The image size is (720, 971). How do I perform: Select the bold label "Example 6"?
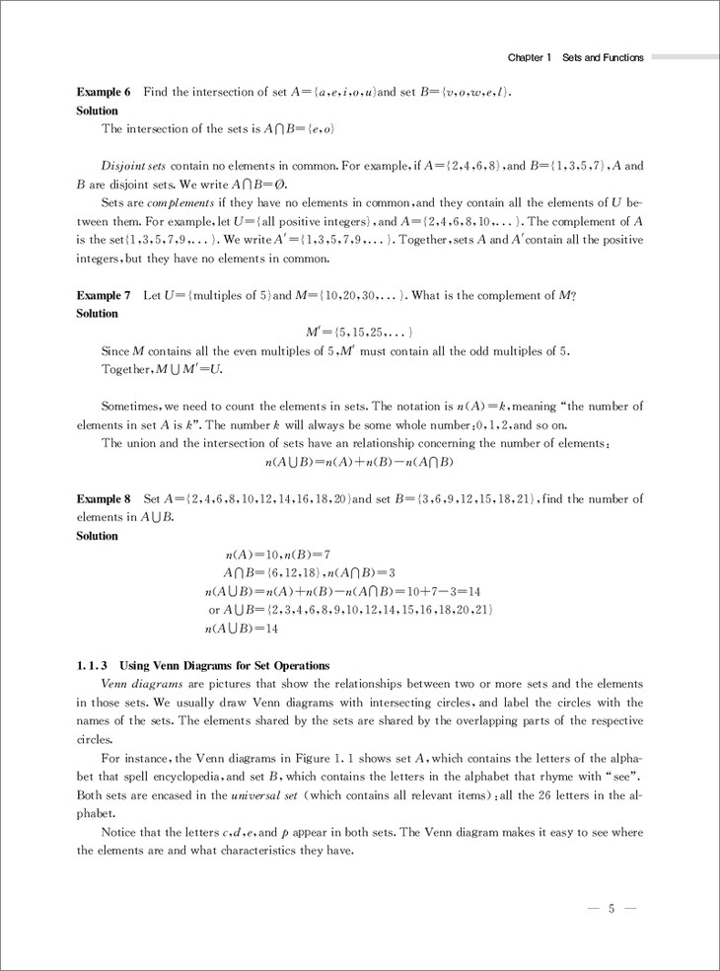coord(104,93)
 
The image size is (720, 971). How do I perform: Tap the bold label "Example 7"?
coord(104,295)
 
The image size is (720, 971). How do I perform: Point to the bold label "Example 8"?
coord(104,499)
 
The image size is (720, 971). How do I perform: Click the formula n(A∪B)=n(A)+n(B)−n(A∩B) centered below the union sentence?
coord(359,462)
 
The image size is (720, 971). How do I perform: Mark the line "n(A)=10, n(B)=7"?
coord(277,555)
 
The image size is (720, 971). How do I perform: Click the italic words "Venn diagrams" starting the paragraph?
coord(136,684)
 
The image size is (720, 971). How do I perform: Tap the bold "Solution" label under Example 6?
coord(97,111)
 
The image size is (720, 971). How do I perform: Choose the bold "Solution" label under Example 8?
coord(97,536)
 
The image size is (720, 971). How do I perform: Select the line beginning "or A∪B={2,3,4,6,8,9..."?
coord(350,610)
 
